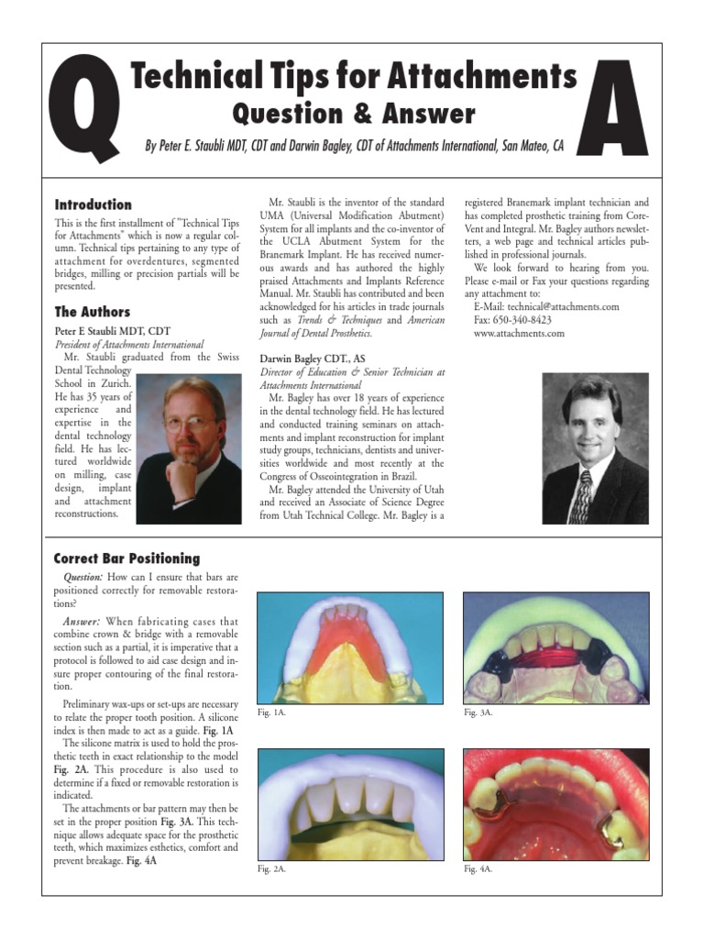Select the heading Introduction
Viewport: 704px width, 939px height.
(93, 204)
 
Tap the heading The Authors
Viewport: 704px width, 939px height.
(92, 312)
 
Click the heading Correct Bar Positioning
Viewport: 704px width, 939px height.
(126, 558)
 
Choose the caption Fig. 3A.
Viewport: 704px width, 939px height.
(478, 713)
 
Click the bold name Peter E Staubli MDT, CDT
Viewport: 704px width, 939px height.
(113, 330)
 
